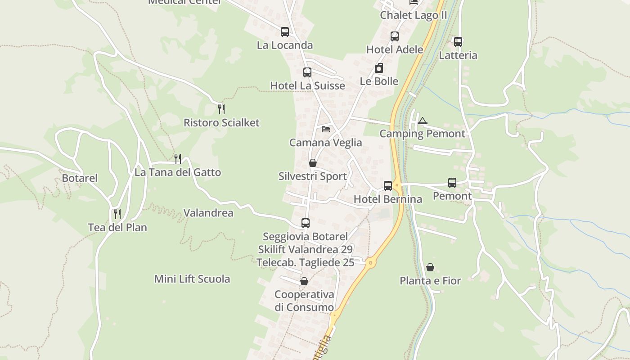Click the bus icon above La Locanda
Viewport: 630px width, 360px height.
tap(284, 32)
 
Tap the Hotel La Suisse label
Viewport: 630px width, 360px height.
tap(307, 85)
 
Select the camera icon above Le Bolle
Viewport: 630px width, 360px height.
tap(379, 68)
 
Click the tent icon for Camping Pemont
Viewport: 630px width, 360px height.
tap(422, 121)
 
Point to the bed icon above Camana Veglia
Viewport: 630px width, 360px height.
tap(326, 129)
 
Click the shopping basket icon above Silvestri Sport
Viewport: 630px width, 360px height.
tap(313, 163)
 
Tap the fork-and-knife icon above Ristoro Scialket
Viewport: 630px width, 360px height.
tap(221, 109)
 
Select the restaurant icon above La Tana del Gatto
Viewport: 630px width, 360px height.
tap(178, 158)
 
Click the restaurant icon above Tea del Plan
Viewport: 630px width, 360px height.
tap(117, 214)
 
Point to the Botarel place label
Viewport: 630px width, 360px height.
tap(80, 178)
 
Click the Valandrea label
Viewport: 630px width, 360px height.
tap(208, 213)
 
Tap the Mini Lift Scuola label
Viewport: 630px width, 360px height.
tap(192, 279)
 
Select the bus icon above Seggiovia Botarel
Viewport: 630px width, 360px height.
tap(306, 223)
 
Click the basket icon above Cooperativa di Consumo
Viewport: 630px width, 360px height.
tap(304, 281)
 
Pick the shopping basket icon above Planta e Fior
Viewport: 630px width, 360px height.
tap(430, 267)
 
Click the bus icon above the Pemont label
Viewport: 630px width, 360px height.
tap(452, 183)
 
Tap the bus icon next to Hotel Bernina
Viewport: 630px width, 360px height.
tap(388, 185)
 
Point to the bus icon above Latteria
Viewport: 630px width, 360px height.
tap(458, 42)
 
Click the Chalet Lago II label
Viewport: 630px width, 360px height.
tap(414, 15)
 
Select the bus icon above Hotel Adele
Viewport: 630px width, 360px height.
tap(395, 36)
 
